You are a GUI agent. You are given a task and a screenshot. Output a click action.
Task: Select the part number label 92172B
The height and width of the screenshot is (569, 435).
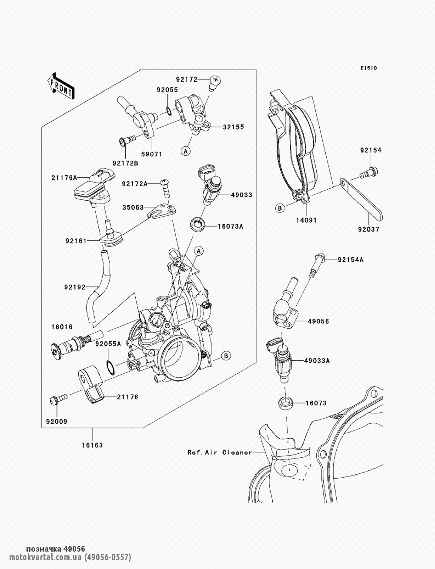click(125, 163)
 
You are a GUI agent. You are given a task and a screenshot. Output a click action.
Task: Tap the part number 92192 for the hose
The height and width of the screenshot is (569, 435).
click(74, 287)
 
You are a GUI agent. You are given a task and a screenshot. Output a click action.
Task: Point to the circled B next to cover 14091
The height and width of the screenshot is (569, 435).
click(280, 208)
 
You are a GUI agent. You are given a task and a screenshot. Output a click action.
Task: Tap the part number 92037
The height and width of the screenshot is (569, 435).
click(368, 230)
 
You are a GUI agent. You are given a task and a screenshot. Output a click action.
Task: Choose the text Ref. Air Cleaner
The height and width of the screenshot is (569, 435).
click(220, 452)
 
